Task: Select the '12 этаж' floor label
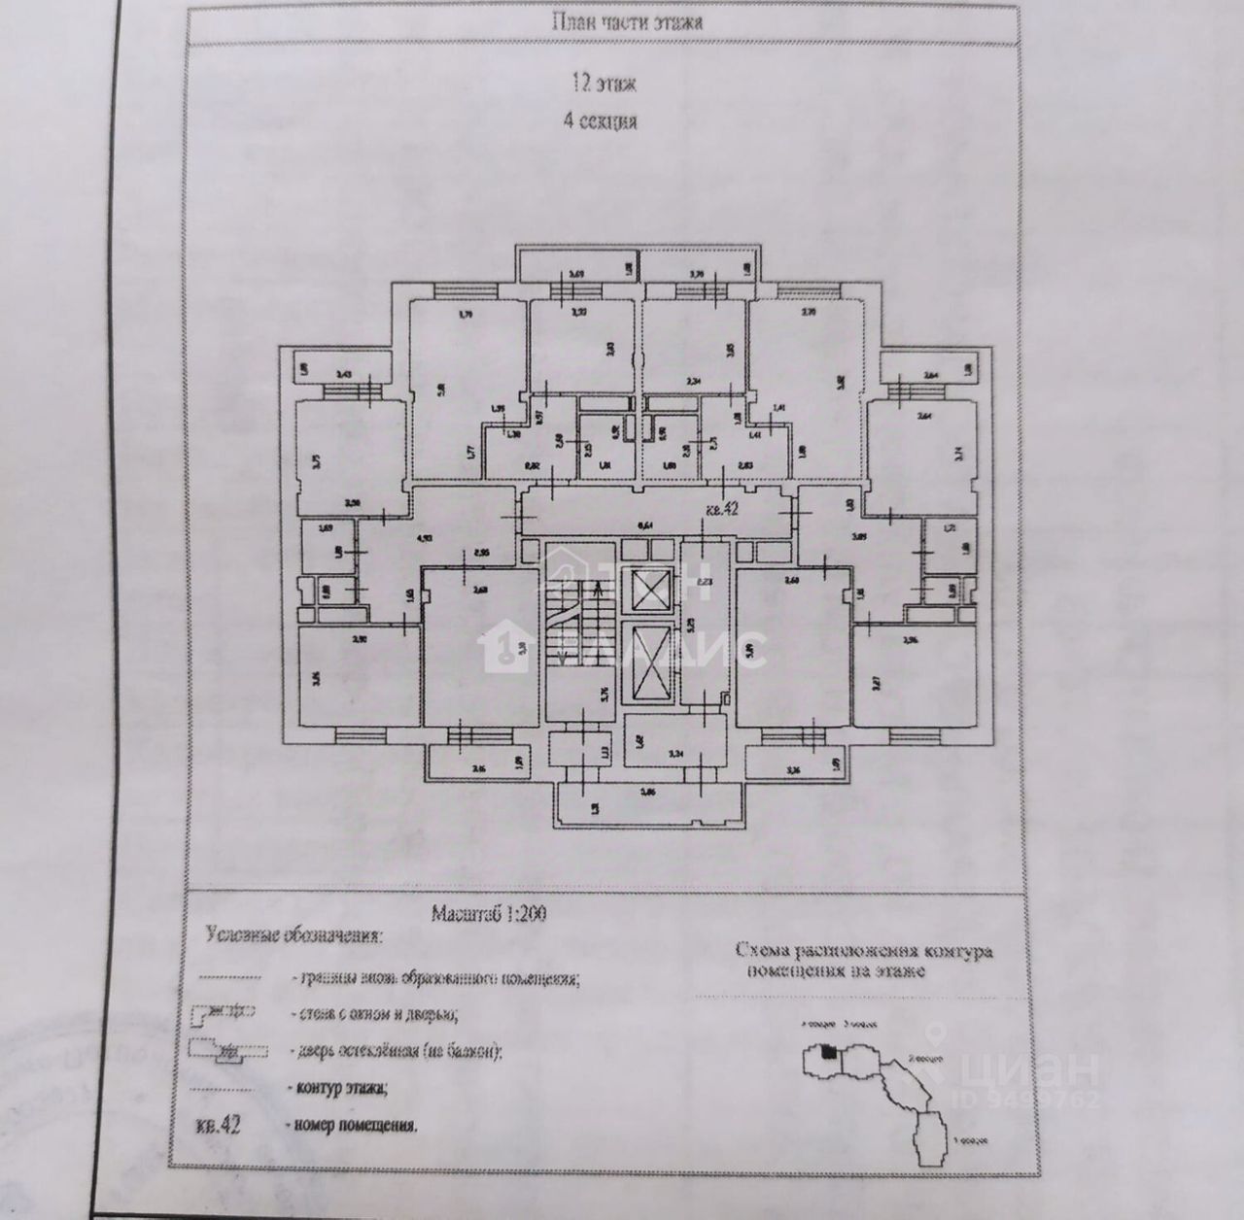tap(604, 85)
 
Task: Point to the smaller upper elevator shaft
tap(650, 589)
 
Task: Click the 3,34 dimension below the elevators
tap(678, 752)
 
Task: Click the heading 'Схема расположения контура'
tap(864, 950)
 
